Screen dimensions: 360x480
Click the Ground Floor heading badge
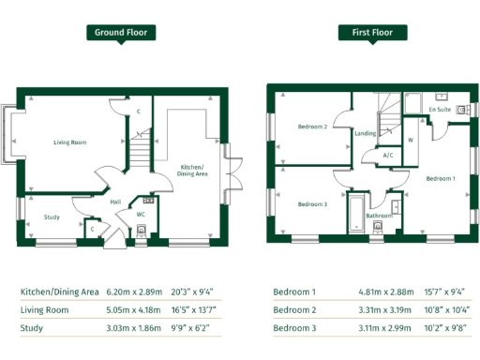122,32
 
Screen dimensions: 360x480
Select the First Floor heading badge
372,32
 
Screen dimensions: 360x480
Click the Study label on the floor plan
52,217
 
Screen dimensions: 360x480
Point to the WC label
140,214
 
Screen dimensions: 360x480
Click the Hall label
115,202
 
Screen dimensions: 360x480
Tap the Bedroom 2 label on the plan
312,127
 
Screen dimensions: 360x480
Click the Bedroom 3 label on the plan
312,203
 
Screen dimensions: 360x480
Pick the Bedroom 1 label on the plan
440,177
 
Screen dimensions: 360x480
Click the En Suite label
440,110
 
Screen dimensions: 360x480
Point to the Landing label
366,133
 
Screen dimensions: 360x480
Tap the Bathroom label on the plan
379,216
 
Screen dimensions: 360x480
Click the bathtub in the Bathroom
356,214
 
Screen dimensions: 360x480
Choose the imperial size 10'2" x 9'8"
447,328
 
